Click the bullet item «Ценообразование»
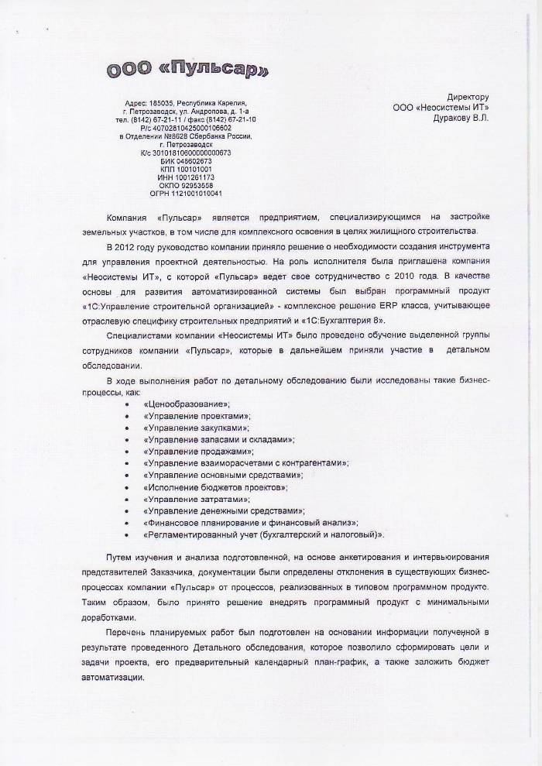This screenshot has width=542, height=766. coord(187,404)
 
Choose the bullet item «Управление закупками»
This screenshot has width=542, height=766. coord(196,428)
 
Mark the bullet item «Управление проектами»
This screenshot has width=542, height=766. coord(197,416)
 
